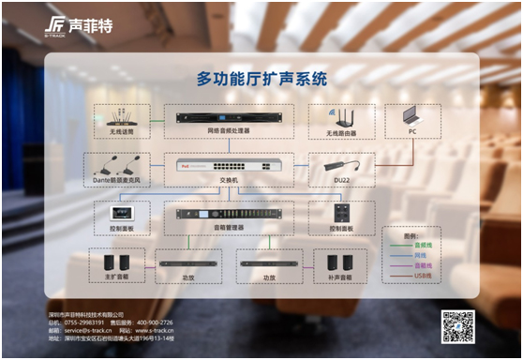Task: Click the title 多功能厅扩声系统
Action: click(261, 80)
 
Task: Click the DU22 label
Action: click(341, 180)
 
